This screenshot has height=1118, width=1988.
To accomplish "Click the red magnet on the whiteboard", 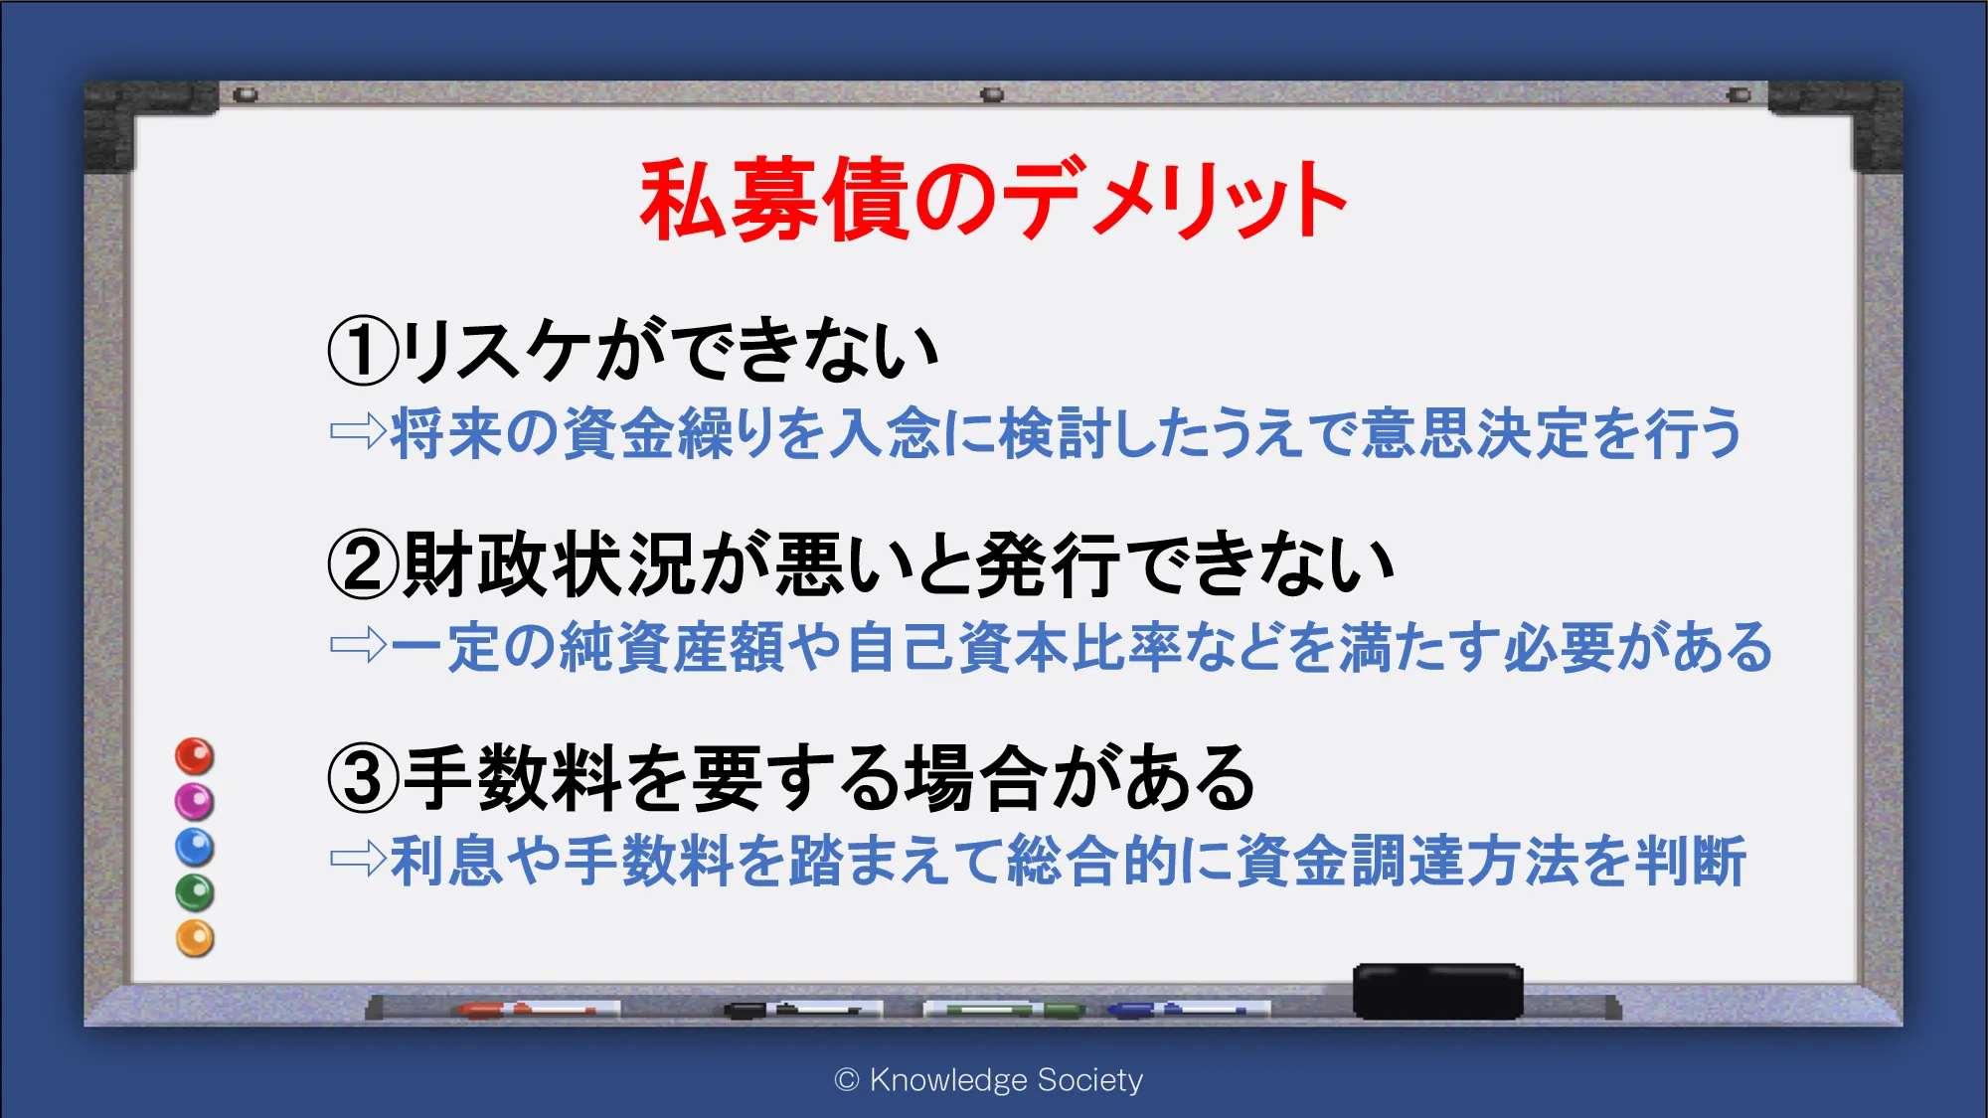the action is [x=194, y=756].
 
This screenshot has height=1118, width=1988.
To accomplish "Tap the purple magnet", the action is [x=194, y=801].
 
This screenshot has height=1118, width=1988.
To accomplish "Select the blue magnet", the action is [x=194, y=847].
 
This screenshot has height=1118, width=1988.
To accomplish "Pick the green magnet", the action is [x=194, y=892].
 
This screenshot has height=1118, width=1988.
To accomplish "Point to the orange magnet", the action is [x=194, y=938].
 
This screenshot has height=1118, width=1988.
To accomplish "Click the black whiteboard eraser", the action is [x=1437, y=991].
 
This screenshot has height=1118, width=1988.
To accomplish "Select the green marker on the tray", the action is [x=1004, y=1010].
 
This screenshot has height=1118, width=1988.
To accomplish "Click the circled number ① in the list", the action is [x=363, y=351].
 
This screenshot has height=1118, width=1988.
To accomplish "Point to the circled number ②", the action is [x=363, y=564].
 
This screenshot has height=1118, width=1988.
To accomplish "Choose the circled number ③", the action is [x=363, y=779].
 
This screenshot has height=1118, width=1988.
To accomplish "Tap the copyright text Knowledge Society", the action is [x=989, y=1079].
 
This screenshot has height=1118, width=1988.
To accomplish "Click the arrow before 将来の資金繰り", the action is [x=358, y=431].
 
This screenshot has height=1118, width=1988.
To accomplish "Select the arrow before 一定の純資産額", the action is [x=358, y=645].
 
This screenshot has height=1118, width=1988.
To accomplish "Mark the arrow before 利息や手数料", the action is [x=358, y=859].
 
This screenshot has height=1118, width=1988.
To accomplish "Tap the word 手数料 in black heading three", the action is [x=514, y=779].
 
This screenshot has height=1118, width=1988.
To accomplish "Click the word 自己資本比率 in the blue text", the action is [x=1014, y=646].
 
